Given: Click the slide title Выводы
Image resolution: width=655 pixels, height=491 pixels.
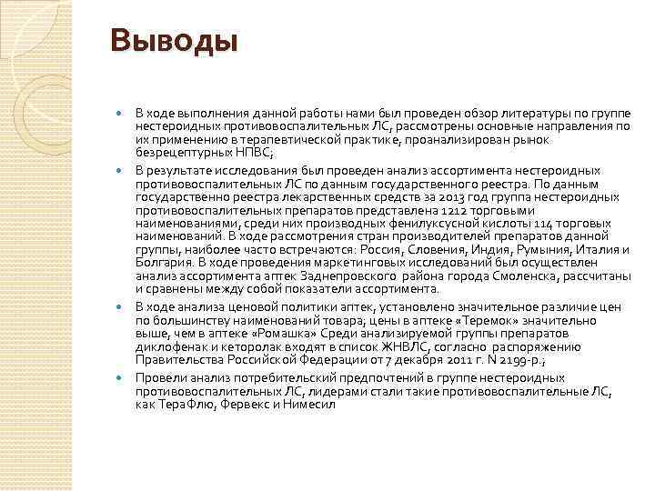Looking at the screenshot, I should click(174, 41).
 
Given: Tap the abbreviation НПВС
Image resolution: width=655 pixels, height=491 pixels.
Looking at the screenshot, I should click(217, 153).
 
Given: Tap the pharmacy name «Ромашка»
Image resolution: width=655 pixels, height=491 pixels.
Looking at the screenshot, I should click(277, 333).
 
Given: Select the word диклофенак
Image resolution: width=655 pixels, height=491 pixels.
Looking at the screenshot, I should click(169, 346).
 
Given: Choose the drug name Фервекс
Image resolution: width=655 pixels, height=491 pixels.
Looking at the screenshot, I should click(241, 405).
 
